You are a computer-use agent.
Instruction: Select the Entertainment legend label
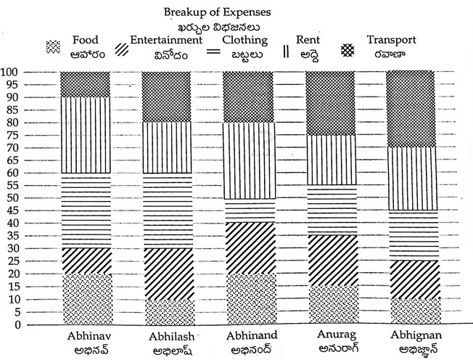pos(168,41)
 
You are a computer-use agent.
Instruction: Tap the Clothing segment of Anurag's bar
pos(332,210)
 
